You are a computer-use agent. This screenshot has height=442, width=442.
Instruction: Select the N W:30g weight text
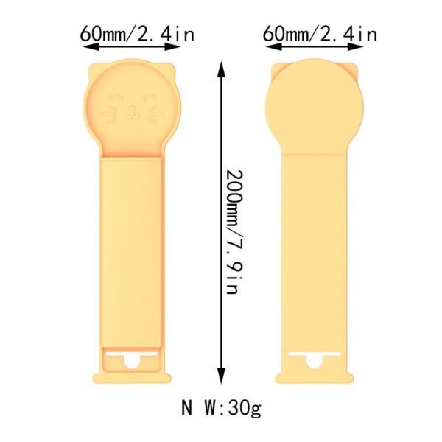[x=220, y=407]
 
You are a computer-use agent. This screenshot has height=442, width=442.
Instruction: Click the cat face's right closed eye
[x=150, y=98]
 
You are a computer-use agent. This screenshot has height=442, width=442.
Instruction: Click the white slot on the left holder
[x=132, y=357]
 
